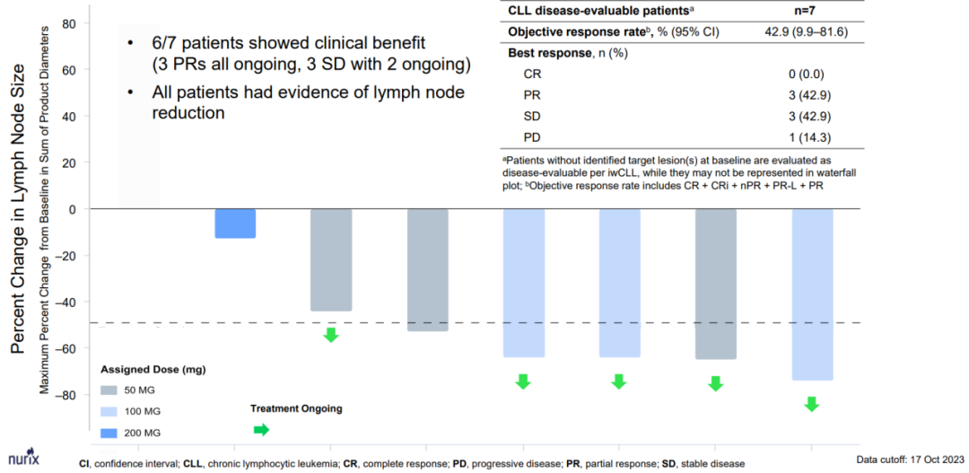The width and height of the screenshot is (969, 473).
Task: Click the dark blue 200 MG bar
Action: [235, 223]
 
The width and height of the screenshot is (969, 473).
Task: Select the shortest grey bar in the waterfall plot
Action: [331, 260]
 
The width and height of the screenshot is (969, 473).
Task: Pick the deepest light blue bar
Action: [811, 294]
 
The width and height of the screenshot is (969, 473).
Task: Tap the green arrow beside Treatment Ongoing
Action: [261, 430]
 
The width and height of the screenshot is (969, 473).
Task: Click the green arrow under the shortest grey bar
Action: [331, 335]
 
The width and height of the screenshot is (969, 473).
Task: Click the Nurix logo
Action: [19, 455]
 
